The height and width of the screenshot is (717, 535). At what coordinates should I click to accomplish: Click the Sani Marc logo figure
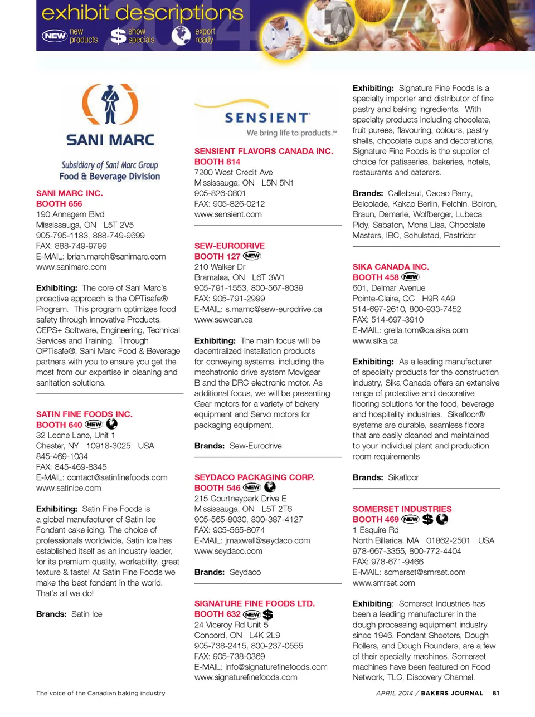[110, 104]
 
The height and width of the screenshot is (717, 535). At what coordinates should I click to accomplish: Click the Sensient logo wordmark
[267, 118]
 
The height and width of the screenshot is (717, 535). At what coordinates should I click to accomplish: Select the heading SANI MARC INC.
[70, 193]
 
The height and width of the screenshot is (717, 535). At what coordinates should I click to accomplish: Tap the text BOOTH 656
[59, 204]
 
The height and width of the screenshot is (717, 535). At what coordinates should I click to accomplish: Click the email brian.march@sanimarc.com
[116, 257]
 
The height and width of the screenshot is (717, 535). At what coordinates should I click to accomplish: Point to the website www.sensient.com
[228, 214]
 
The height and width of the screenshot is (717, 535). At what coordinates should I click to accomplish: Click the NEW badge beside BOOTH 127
[252, 256]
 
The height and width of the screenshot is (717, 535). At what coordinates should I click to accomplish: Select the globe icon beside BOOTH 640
[112, 424]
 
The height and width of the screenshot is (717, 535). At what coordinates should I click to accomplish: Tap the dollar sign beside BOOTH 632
[268, 614]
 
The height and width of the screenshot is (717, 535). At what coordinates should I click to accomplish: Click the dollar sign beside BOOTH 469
[427, 519]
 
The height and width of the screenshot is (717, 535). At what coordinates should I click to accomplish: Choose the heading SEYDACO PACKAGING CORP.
[254, 477]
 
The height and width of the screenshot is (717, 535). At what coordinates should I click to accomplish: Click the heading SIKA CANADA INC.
[391, 267]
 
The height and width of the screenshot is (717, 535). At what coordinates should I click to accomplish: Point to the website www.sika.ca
[375, 340]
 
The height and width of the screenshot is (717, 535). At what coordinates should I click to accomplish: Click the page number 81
[496, 694]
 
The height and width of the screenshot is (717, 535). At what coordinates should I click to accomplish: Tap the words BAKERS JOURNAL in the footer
[452, 694]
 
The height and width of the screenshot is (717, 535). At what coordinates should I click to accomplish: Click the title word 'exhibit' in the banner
[75, 13]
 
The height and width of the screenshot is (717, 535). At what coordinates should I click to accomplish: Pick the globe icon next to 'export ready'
[181, 35]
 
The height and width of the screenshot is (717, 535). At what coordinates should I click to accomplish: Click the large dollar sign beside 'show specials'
[118, 36]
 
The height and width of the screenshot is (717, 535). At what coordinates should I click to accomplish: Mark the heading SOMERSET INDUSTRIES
[402, 509]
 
